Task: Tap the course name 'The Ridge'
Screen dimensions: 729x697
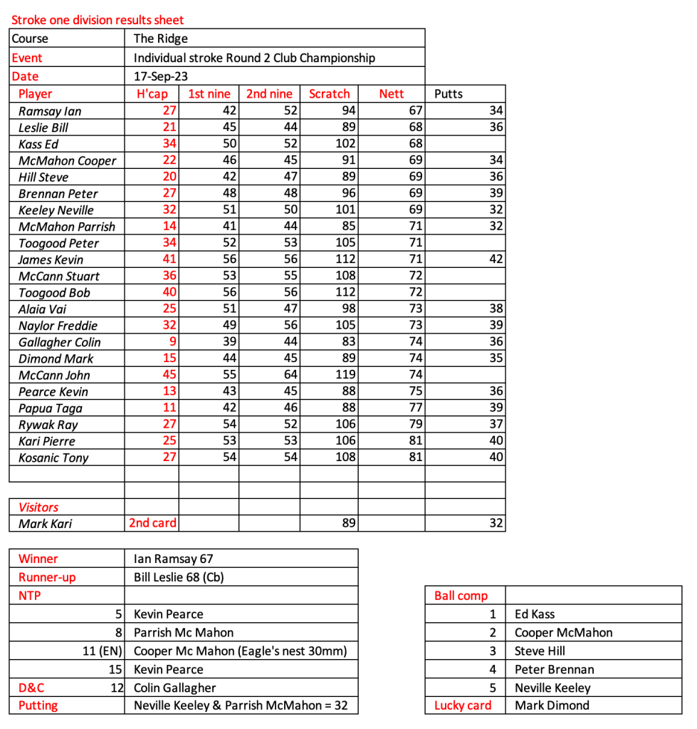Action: pos(161,38)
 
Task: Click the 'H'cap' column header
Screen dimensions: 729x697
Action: pos(152,93)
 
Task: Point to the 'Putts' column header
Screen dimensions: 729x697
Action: pos(449,93)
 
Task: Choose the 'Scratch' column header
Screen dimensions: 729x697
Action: pos(330,93)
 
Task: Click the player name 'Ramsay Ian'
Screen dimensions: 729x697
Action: pos(50,111)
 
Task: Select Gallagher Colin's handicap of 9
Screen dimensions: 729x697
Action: pos(172,342)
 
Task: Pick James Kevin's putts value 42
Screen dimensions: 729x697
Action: pos(496,259)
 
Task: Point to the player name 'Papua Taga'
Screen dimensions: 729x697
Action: pos(51,408)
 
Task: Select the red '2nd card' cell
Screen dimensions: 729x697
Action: pos(152,523)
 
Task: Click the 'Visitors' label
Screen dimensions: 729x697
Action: pos(38,507)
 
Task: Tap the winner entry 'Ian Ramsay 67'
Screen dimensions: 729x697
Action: pos(173,559)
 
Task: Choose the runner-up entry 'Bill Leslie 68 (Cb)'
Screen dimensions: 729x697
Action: pos(183,577)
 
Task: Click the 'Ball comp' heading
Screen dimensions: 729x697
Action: pos(461,596)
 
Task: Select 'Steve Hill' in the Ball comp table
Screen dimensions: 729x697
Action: pos(540,651)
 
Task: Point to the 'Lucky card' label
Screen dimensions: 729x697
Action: pos(463,705)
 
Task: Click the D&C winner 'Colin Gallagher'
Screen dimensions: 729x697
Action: pos(174,688)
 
